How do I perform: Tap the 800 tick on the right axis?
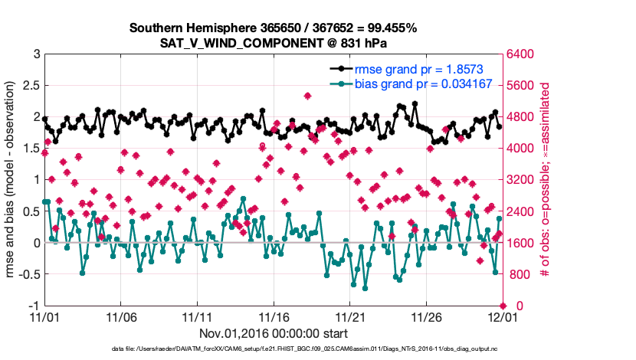click(518, 274)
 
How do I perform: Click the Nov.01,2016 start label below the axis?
click(273, 333)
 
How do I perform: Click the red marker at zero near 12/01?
click(502, 306)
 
